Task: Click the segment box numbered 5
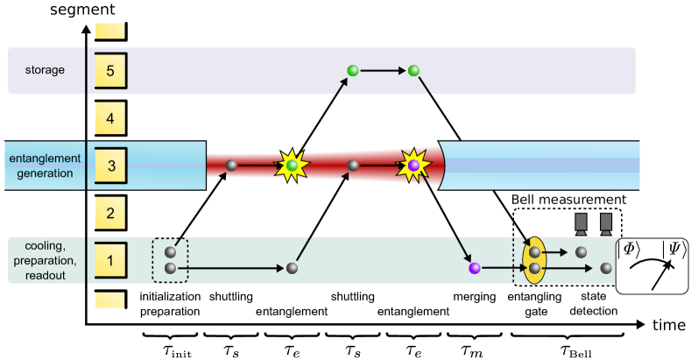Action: [x=110, y=70]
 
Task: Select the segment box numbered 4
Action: [x=110, y=116]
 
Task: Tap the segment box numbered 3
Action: [x=110, y=164]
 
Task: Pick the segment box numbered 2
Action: [x=110, y=212]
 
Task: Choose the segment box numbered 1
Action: [x=110, y=260]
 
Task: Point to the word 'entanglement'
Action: [x=45, y=158]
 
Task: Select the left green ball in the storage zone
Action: [x=352, y=70]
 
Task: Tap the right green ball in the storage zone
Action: [x=414, y=70]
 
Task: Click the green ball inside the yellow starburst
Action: [x=293, y=165]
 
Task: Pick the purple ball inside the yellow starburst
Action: [x=413, y=165]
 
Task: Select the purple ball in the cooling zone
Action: [x=475, y=268]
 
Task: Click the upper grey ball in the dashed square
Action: [x=171, y=252]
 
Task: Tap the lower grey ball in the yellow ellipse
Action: [x=534, y=268]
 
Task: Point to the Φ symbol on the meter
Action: [x=631, y=248]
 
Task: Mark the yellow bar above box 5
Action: [x=110, y=32]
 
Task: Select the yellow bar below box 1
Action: [x=110, y=300]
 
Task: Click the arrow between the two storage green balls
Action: [x=383, y=70]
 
